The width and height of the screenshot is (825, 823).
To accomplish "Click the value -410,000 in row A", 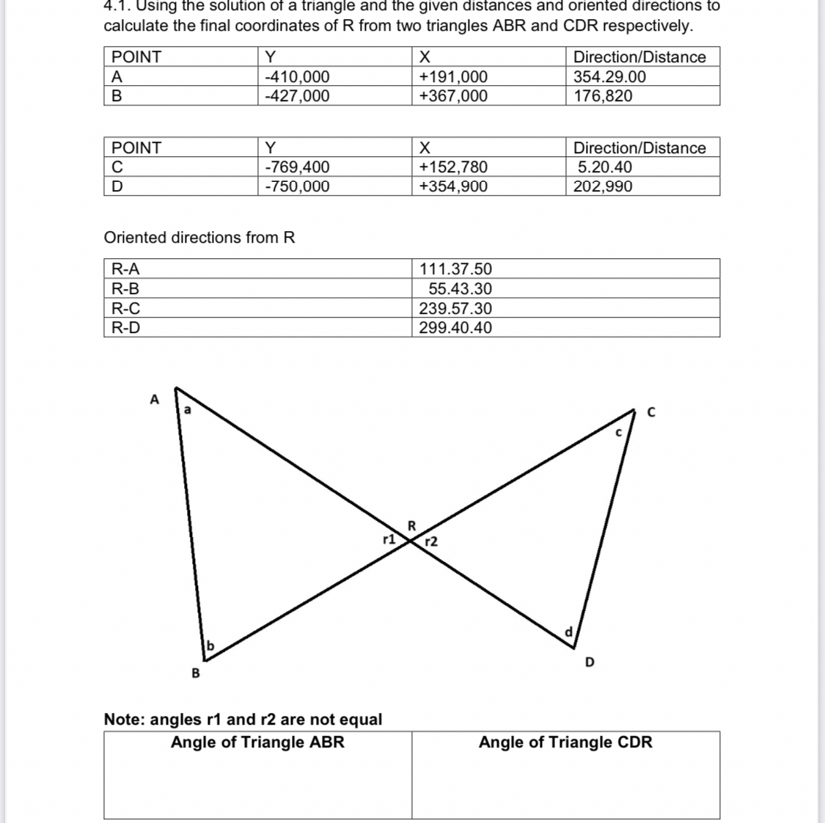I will click(297, 77).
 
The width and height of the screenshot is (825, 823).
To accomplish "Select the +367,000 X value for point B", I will click(452, 96).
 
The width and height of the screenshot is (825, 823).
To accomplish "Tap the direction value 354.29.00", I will click(609, 77).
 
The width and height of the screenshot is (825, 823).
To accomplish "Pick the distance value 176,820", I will click(603, 96).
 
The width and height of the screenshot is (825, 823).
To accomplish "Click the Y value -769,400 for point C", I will click(297, 167).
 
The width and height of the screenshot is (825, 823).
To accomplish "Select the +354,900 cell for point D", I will click(452, 186).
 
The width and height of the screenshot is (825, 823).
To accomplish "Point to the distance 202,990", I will click(603, 186).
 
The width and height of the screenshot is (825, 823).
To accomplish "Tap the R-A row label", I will click(125, 269).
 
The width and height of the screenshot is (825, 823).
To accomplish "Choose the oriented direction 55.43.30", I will click(460, 289).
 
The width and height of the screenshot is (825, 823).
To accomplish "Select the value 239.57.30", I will click(455, 309).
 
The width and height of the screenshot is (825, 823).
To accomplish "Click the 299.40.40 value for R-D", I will click(455, 328).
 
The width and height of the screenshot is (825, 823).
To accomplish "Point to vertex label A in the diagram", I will click(154, 400).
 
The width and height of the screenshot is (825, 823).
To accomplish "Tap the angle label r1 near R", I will click(389, 538).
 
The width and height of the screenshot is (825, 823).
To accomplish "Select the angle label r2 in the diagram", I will click(431, 542).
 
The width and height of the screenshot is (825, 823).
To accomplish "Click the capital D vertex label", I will click(590, 662).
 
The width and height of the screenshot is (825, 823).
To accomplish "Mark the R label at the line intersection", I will click(411, 525).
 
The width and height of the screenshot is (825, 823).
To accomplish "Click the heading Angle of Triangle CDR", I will click(565, 742).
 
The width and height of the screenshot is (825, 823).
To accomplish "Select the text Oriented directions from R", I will click(199, 238).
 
